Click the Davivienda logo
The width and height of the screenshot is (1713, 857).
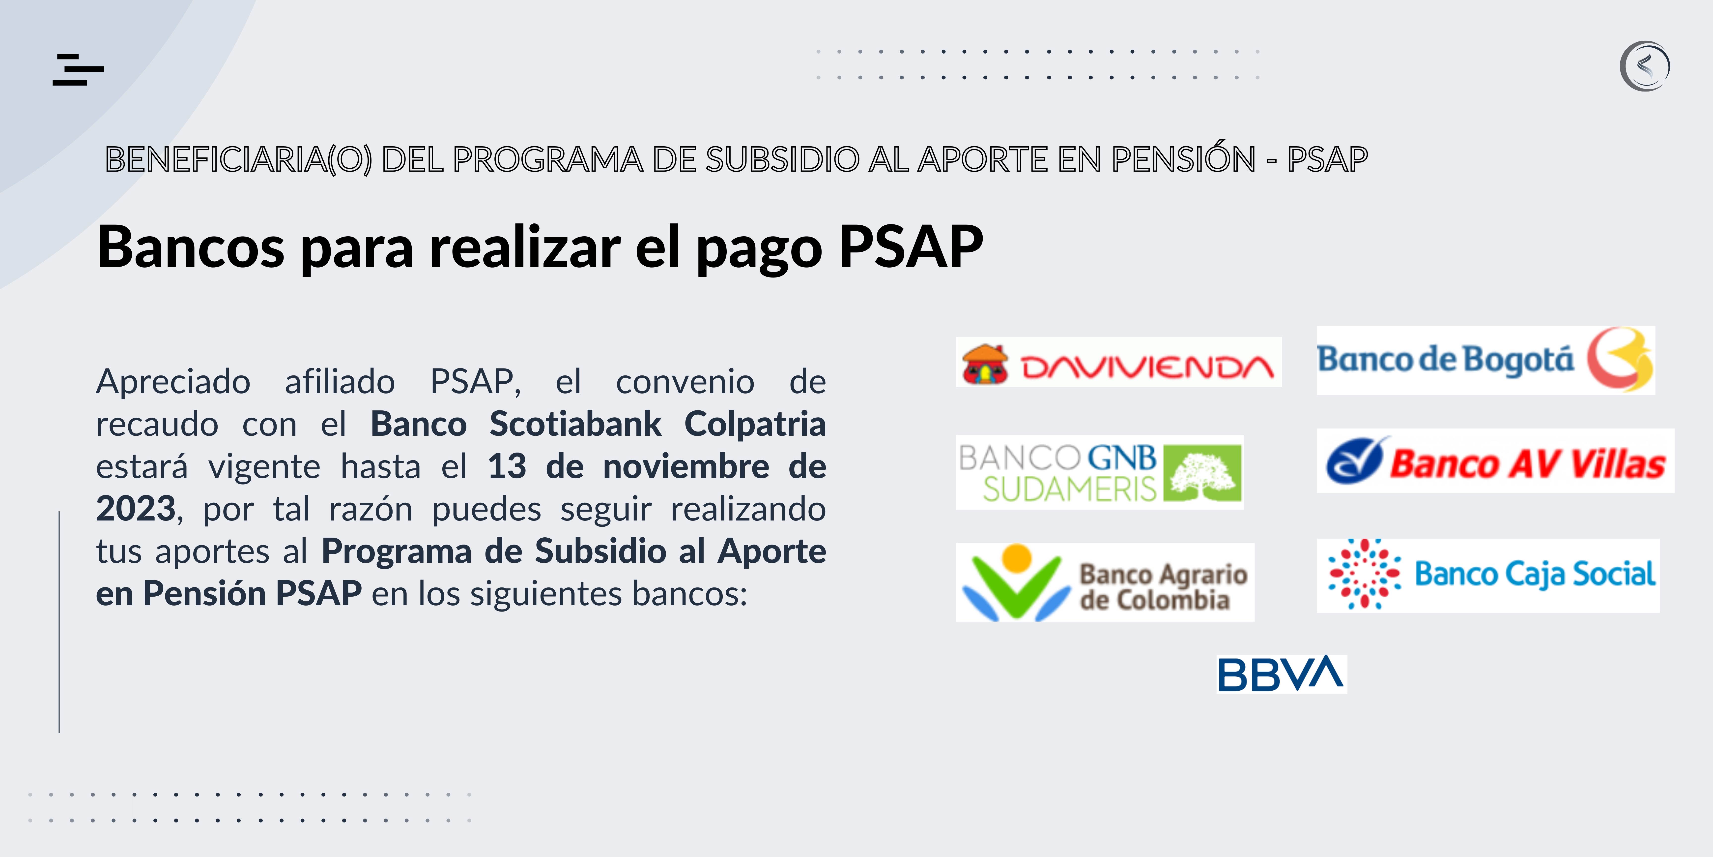tap(1118, 362)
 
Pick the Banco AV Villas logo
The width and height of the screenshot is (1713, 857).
tap(1496, 460)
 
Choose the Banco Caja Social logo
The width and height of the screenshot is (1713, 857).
tap(1488, 575)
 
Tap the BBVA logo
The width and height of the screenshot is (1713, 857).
tap(1282, 674)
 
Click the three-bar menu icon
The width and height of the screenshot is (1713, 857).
tap(78, 69)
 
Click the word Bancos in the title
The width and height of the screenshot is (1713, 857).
tap(191, 247)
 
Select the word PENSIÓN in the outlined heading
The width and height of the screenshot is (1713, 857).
tap(1184, 159)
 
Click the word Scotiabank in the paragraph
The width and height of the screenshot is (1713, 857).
tap(575, 424)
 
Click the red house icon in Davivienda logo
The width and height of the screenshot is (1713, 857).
tap(986, 364)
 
